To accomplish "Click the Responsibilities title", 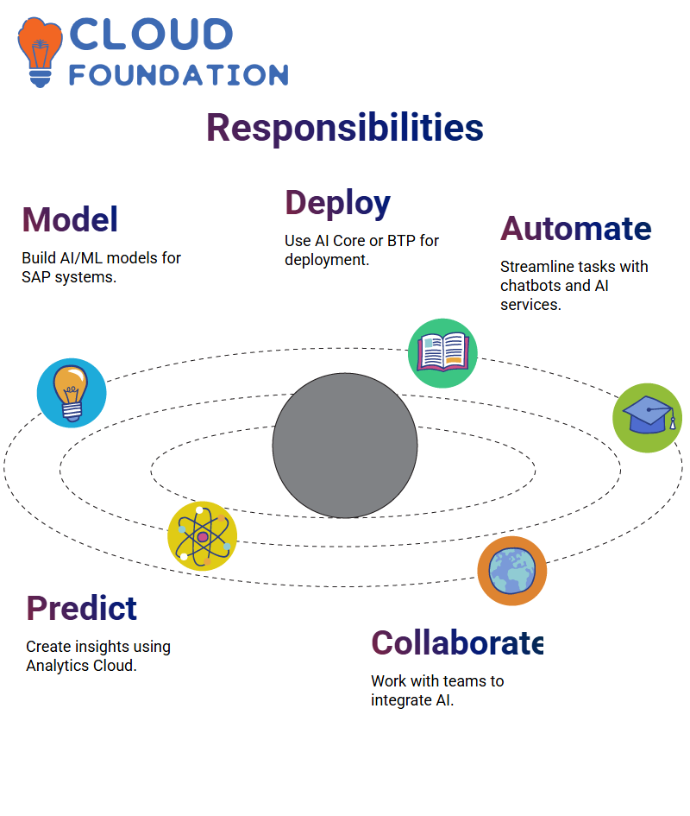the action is click(x=345, y=129).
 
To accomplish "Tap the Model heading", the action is click(x=70, y=219).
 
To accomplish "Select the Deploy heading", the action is click(x=337, y=204).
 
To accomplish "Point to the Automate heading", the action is click(x=575, y=229).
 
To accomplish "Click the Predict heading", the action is click(x=82, y=608).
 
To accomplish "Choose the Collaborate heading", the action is click(x=457, y=642).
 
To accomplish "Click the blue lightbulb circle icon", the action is click(x=72, y=393).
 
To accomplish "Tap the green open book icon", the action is click(x=442, y=353).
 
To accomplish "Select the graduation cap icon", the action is click(x=648, y=418).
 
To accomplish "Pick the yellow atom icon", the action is click(x=203, y=536).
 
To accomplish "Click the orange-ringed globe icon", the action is click(x=512, y=571).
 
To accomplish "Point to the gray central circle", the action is click(x=345, y=446).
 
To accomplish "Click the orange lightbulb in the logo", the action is click(x=40, y=52).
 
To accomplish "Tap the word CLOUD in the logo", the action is click(x=151, y=35).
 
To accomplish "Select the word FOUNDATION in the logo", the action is click(x=179, y=75).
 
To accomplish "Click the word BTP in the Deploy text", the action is click(x=401, y=240).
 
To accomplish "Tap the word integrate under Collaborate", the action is click(x=401, y=700).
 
